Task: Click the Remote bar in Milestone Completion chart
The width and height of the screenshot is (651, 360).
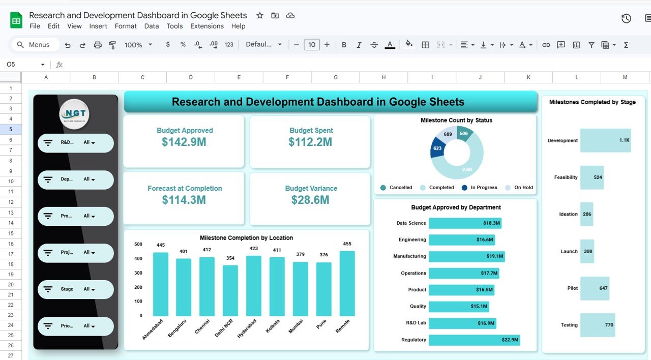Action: (x=347, y=283)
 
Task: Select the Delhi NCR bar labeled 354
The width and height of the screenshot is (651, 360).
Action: (x=230, y=290)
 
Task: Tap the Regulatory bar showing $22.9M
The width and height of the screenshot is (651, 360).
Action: (x=474, y=340)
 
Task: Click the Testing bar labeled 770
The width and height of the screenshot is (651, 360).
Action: (x=597, y=325)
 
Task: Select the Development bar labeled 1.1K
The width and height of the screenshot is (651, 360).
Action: (x=605, y=140)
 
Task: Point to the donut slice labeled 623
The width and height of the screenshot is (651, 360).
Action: (x=438, y=148)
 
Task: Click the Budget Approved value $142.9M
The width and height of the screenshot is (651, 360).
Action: (x=184, y=142)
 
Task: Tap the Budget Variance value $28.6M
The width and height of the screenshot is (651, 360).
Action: (x=310, y=200)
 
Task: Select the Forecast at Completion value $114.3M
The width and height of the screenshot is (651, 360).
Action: (x=184, y=200)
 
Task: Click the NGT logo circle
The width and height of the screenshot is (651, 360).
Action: (x=74, y=114)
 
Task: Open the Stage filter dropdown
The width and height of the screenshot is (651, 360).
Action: (x=76, y=289)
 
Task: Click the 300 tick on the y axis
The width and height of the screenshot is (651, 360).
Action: (x=138, y=273)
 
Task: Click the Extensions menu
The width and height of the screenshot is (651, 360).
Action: (x=206, y=26)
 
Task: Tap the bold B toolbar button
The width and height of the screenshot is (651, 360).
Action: (x=344, y=45)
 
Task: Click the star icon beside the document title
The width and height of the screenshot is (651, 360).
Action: (x=260, y=15)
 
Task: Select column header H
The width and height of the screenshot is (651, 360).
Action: (x=383, y=77)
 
